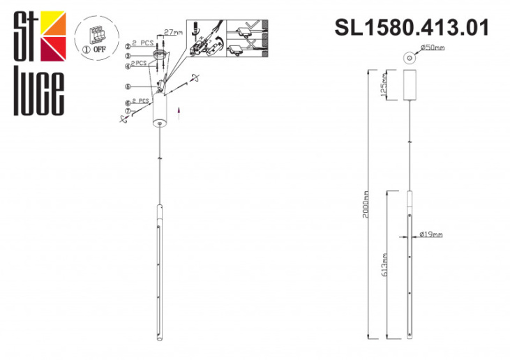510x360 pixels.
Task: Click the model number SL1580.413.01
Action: (412, 27)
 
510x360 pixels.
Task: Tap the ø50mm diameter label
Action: (432, 48)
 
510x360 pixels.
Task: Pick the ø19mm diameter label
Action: (430, 235)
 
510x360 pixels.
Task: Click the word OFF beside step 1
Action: (100, 51)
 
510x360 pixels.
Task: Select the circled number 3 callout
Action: (128, 56)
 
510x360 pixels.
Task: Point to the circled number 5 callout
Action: (128, 87)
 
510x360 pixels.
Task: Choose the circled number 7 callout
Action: (128, 111)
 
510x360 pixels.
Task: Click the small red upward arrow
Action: (180, 113)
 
